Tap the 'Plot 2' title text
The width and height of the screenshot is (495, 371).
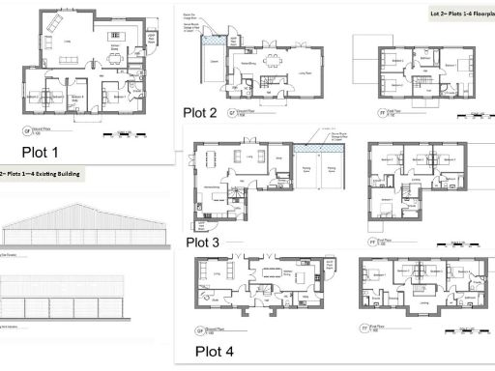(x=199, y=113)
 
